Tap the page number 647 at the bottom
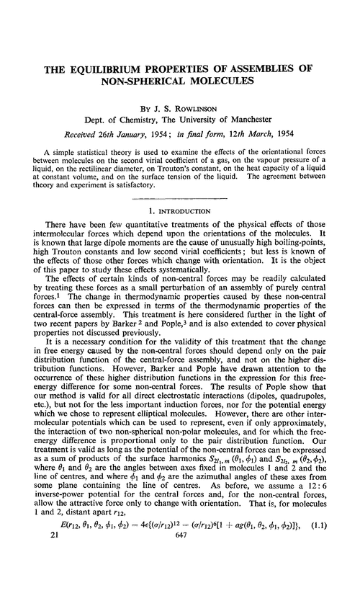180,597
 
